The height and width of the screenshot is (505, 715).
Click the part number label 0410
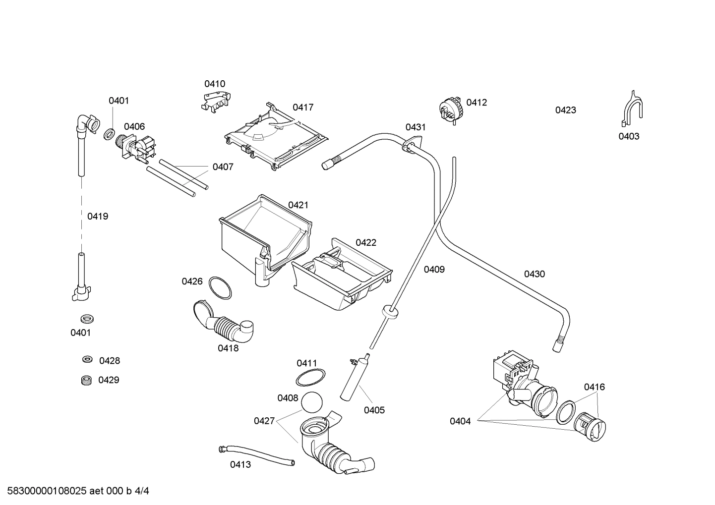point(215,84)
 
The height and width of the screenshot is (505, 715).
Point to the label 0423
point(565,110)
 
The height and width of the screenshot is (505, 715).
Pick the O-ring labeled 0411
point(311,378)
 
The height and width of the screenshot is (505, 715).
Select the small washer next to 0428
point(87,359)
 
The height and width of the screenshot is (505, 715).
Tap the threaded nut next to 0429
point(87,380)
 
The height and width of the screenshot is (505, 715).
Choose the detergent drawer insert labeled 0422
point(342,278)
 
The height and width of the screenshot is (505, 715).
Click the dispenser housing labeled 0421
point(265,233)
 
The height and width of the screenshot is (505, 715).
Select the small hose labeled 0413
point(258,455)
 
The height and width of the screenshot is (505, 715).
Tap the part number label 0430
point(534,274)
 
